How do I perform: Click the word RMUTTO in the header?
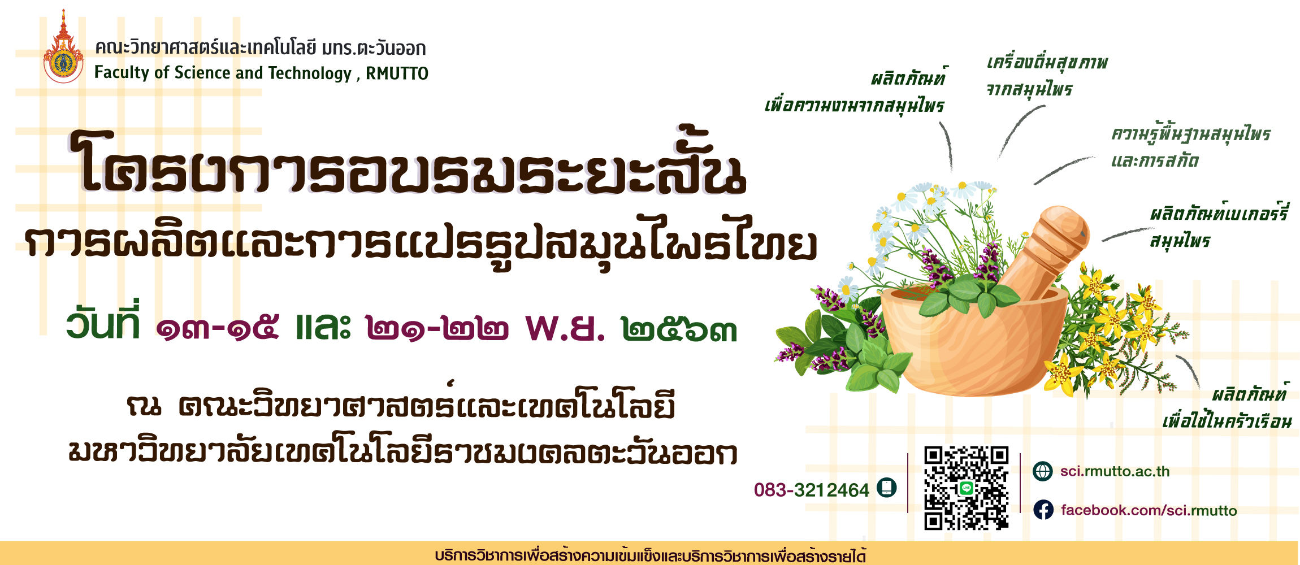(397, 73)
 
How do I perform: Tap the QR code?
(966, 488)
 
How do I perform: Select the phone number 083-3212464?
(811, 490)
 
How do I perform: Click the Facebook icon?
(1043, 510)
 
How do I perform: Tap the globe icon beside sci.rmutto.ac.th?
(1042, 471)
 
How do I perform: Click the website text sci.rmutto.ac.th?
(1115, 471)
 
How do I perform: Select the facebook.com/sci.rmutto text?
(1149, 510)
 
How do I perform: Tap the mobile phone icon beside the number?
(886, 488)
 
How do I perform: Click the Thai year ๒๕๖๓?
(679, 330)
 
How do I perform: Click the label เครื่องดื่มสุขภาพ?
(1047, 63)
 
